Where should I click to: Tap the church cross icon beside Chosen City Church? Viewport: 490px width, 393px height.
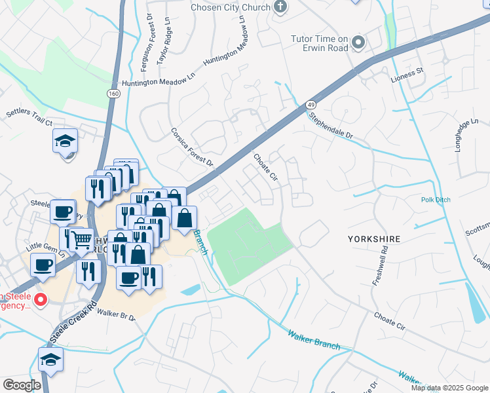(280, 7)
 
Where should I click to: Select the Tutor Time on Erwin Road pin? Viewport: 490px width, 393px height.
(358, 43)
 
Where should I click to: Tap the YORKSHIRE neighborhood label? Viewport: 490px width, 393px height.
(375, 239)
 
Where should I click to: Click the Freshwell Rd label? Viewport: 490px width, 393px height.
(381, 265)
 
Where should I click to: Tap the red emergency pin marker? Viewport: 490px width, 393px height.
(40, 301)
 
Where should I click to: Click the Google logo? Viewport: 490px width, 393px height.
(22, 384)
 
